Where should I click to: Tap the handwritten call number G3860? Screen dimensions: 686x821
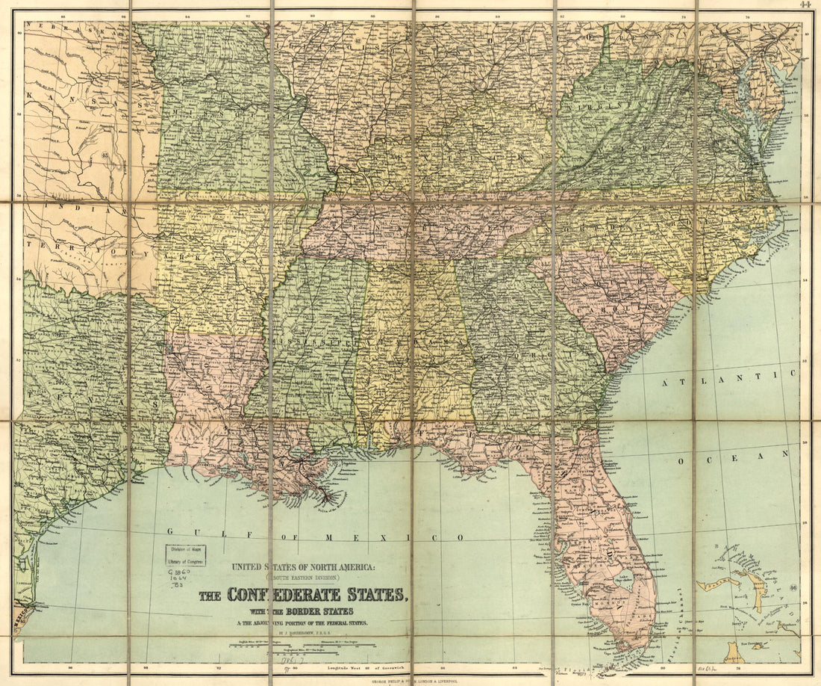coord(178,571)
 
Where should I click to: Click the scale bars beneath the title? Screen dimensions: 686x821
coord(302,643)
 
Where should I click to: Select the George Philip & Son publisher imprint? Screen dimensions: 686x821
coord(411,681)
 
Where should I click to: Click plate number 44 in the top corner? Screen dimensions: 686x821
coord(805,4)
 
